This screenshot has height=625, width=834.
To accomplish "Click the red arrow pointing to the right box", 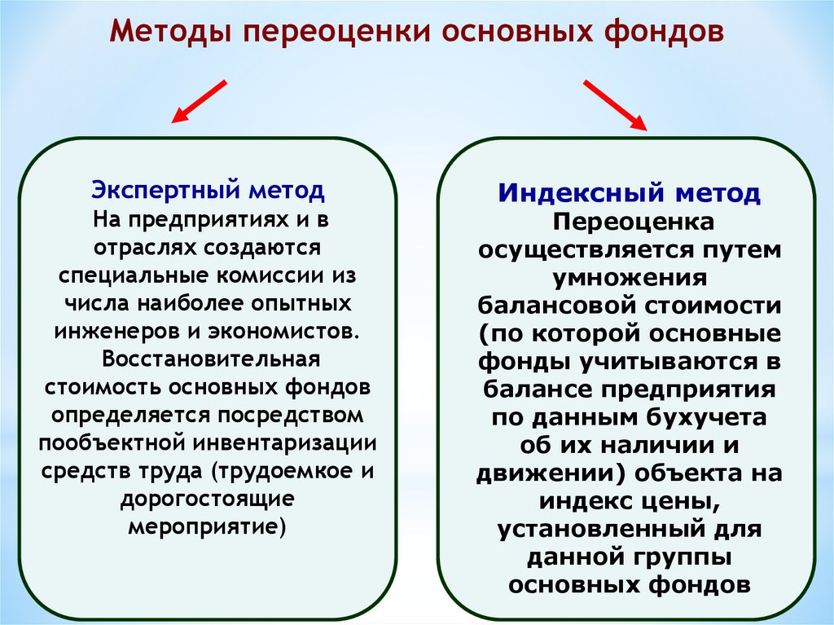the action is point(615,105).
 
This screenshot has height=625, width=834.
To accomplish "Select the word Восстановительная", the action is point(208,359).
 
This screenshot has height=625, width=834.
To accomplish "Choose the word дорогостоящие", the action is point(207,499).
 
